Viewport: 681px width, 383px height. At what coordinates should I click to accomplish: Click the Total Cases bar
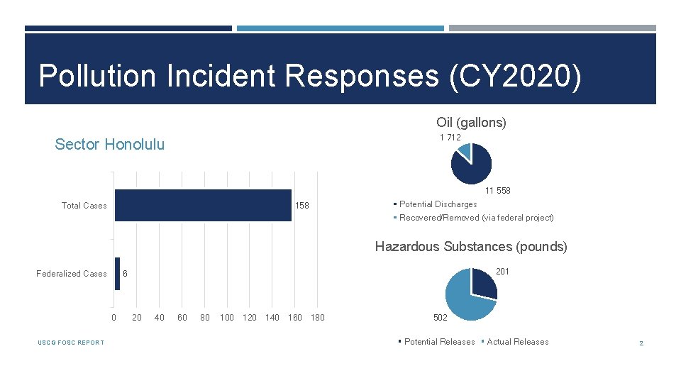click(x=203, y=205)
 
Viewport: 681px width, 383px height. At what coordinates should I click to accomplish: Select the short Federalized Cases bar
click(x=118, y=274)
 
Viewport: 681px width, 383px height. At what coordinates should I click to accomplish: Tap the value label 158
click(x=302, y=206)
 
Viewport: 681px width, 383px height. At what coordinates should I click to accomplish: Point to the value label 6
click(x=125, y=274)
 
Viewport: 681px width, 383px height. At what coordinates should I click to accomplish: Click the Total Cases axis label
click(x=84, y=206)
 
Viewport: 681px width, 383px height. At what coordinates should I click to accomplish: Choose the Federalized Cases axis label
click(x=72, y=274)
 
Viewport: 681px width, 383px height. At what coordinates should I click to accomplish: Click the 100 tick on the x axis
click(x=227, y=317)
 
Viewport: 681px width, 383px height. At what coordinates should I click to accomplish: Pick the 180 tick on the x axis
click(x=318, y=317)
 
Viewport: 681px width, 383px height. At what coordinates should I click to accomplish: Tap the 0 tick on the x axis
click(x=113, y=317)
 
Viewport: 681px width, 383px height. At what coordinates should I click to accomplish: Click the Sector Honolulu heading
click(x=110, y=145)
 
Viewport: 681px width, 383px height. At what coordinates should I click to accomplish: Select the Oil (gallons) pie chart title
click(x=471, y=123)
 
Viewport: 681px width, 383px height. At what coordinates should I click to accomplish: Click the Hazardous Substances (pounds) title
click(x=471, y=247)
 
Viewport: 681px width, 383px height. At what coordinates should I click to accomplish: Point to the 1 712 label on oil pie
click(x=450, y=137)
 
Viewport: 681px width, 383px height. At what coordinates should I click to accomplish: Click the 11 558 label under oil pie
click(x=497, y=190)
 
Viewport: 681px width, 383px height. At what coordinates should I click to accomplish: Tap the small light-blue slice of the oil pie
click(x=465, y=150)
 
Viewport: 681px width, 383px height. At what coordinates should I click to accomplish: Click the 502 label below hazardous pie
click(x=441, y=317)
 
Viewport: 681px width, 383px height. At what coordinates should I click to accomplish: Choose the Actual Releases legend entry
click(x=517, y=342)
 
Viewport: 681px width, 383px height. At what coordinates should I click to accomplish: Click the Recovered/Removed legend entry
click(x=476, y=218)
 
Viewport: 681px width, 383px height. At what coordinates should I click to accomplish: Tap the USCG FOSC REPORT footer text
click(x=71, y=343)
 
